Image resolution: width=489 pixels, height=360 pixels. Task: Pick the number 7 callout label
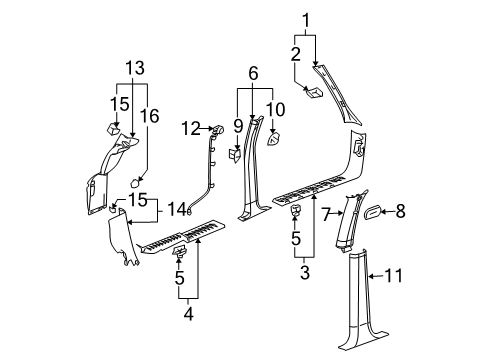point(326,213)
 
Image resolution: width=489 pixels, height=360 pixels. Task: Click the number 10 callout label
point(277,107)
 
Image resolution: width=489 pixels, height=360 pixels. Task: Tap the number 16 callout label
point(153,117)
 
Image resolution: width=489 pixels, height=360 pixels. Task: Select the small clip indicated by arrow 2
point(310,94)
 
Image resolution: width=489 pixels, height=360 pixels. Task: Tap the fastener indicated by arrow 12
point(216,130)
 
